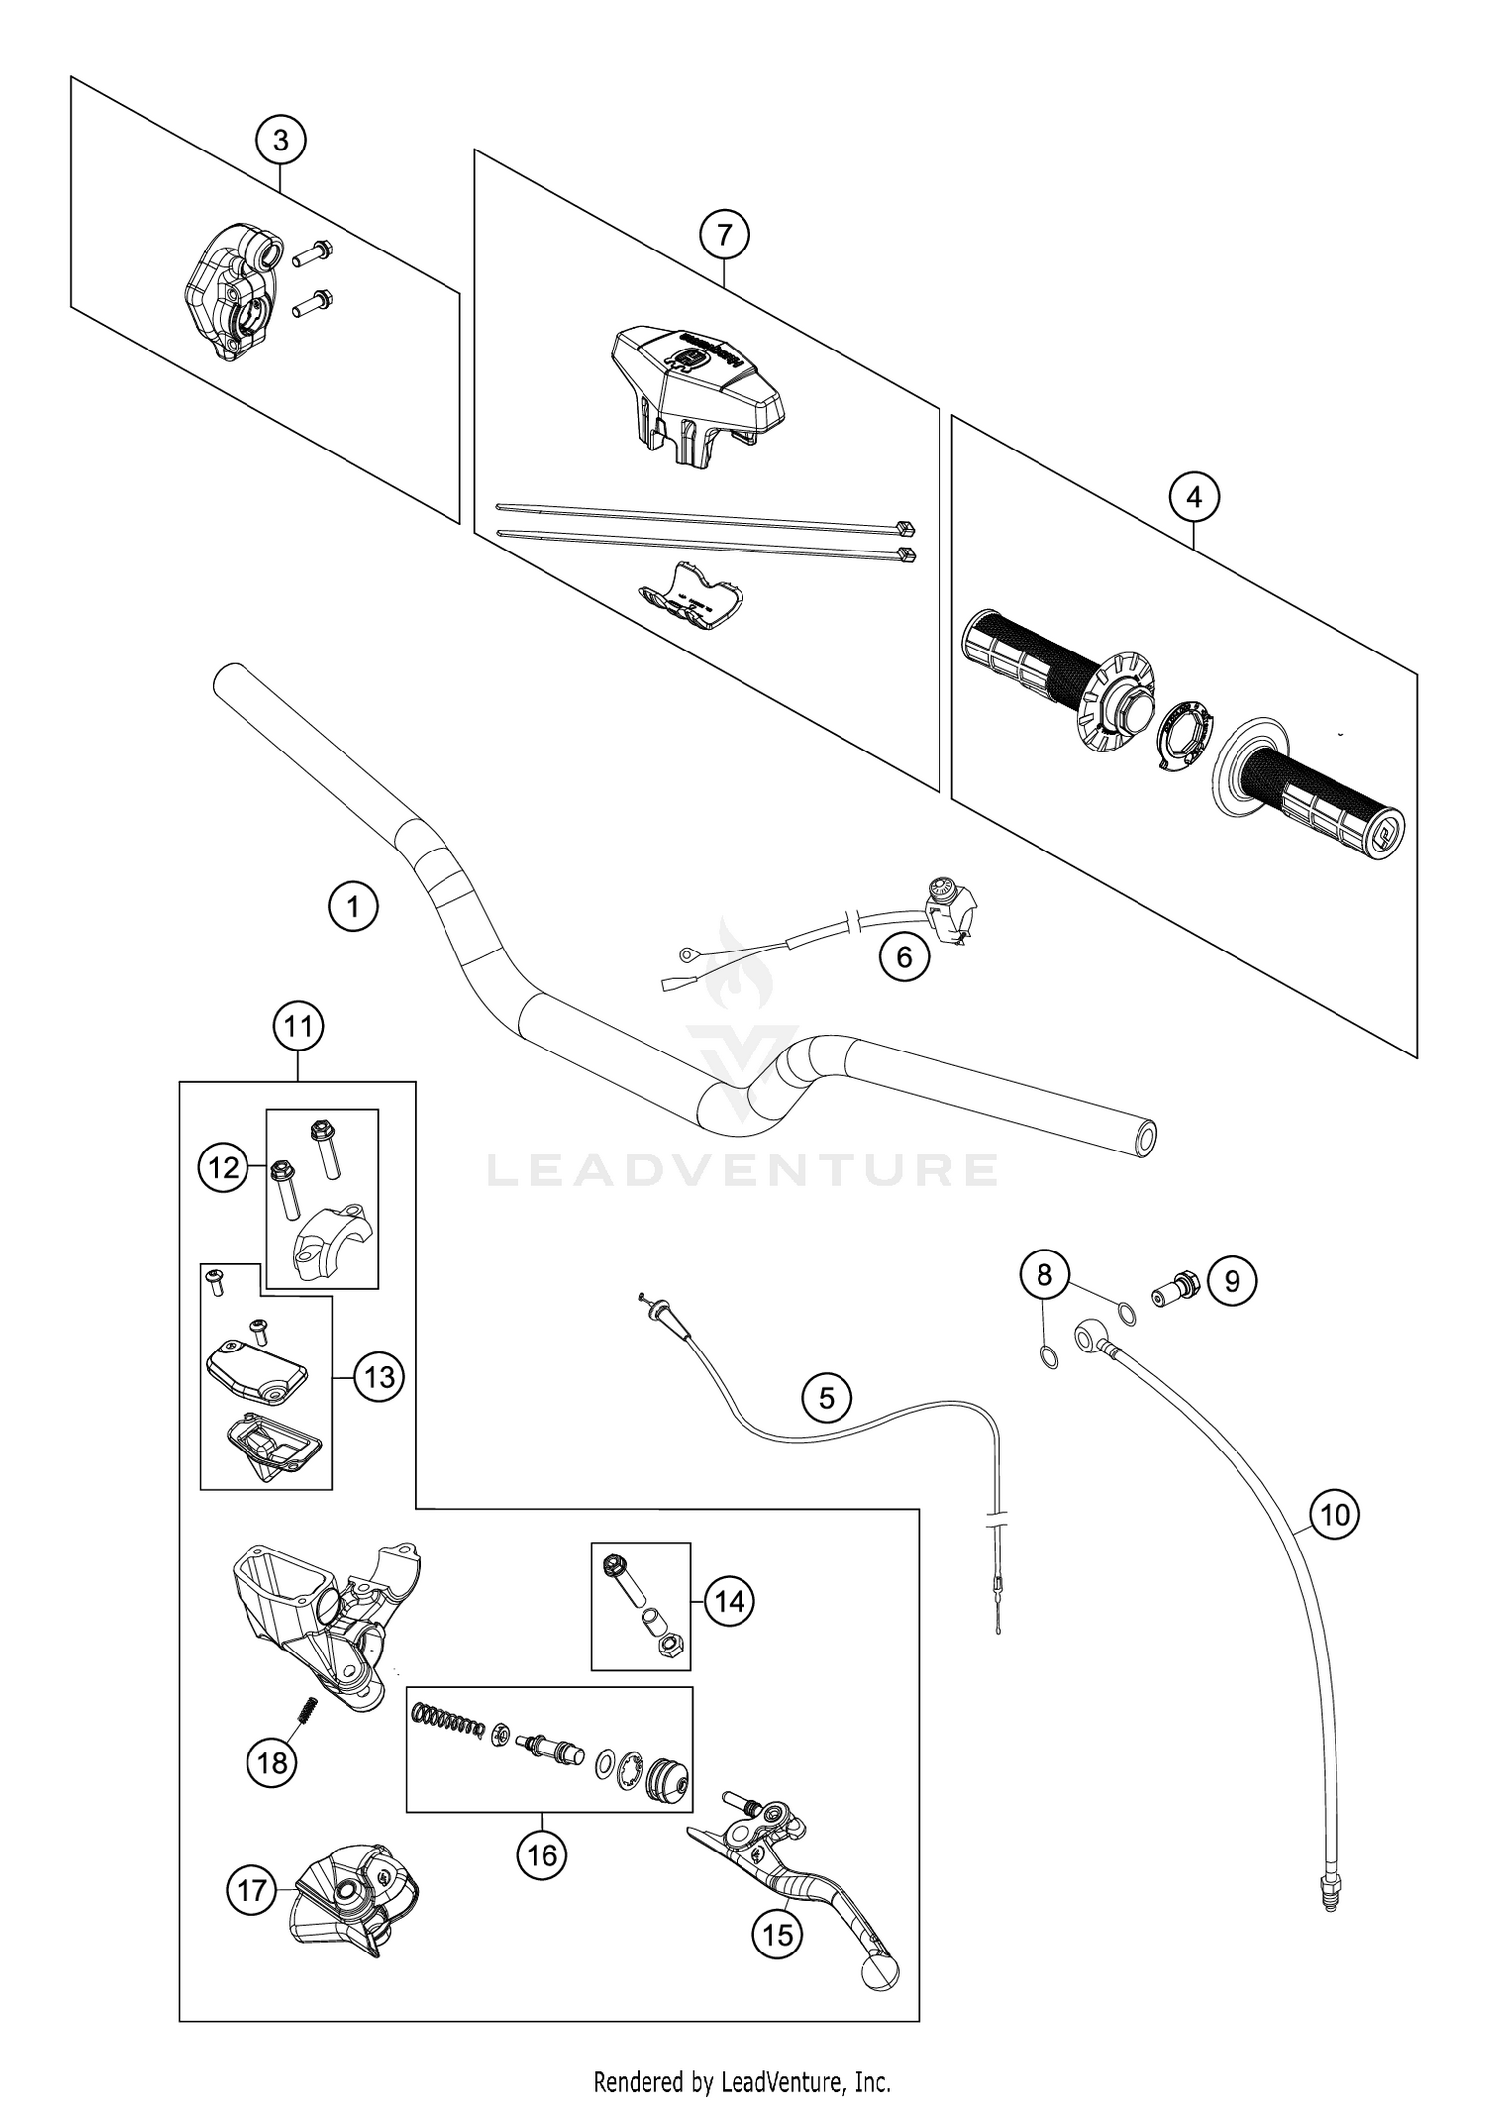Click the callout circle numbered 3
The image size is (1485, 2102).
point(280,141)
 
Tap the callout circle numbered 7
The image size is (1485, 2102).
point(724,236)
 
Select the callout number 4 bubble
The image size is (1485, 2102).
point(1194,497)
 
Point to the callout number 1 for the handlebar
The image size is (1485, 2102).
point(353,905)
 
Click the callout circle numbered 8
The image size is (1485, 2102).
point(1045,1275)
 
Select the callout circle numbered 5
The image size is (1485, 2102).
point(827,1397)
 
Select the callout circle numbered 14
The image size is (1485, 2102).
point(729,1601)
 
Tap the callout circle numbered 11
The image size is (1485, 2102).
point(298,1027)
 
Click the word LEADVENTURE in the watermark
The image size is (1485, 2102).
point(742,1170)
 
